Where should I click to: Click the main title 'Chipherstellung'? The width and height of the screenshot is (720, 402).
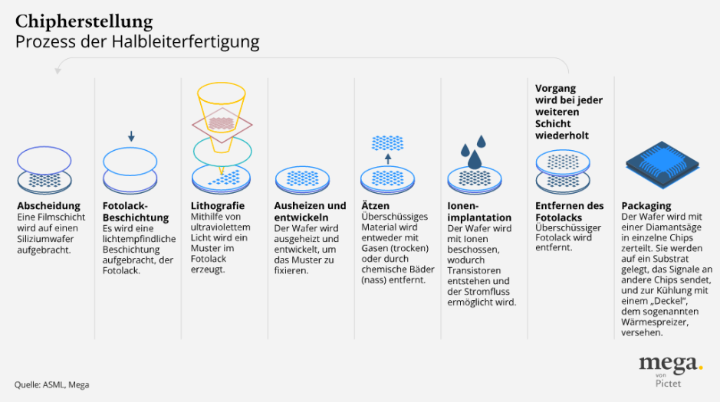click(84, 21)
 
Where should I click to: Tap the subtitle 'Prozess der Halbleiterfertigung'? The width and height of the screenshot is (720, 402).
click(137, 41)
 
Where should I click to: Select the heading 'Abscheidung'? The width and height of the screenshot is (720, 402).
click(48, 206)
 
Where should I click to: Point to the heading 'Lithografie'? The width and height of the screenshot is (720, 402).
click(217, 206)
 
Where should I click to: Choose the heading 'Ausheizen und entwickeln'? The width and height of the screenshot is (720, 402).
click(310, 212)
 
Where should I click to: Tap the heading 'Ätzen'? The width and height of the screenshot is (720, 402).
click(375, 206)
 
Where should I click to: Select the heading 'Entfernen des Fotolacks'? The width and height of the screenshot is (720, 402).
click(570, 212)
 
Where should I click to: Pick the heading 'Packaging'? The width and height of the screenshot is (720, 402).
click(646, 206)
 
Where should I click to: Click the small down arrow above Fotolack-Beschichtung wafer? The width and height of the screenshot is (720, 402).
click(131, 137)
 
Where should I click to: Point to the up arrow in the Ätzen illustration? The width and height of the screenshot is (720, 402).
click(387, 159)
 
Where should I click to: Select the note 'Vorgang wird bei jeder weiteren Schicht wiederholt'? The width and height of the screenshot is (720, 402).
click(568, 112)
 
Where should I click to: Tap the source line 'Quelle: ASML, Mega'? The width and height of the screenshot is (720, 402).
click(51, 384)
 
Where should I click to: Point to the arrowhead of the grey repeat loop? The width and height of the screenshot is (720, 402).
click(58, 71)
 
